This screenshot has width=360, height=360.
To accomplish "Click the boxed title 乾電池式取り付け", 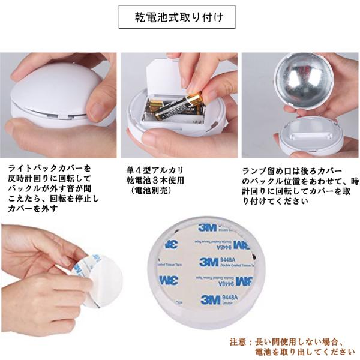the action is pos(177,17).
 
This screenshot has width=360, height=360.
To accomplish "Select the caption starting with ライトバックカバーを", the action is pos(53,188).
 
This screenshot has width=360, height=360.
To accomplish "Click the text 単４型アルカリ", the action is pos(155,170).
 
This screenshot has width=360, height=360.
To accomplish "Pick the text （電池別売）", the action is pos(151,190).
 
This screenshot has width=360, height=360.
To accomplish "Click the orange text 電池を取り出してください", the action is pos(305,352).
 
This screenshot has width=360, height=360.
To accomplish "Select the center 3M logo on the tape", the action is pos(208,262).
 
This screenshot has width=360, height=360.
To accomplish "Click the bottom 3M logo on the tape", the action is pos(210,299).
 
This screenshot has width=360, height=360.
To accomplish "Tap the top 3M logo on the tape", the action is pos(207,227).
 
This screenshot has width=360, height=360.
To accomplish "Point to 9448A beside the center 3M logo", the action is pos(228,260).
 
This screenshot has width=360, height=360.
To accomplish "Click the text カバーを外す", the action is pos(32,209).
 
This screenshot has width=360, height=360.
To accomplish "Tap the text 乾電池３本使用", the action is pos(155,180).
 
